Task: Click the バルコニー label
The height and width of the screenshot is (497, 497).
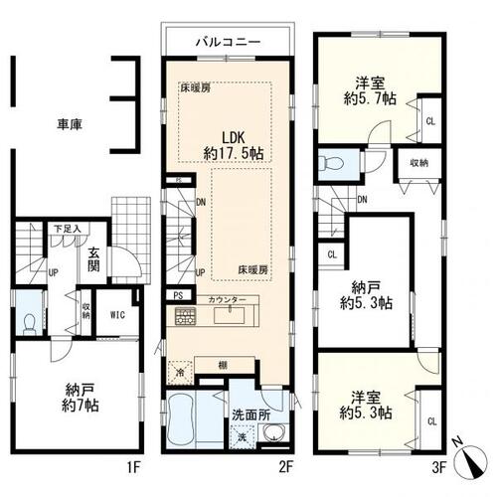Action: tap(227, 44)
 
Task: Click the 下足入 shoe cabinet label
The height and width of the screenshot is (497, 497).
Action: tap(66, 229)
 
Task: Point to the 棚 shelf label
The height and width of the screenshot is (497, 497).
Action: tap(223, 365)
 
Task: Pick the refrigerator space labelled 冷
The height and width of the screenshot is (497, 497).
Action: tap(180, 370)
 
